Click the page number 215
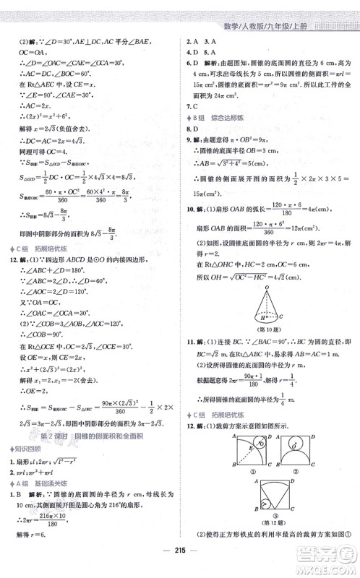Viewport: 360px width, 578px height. (x=179, y=564)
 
